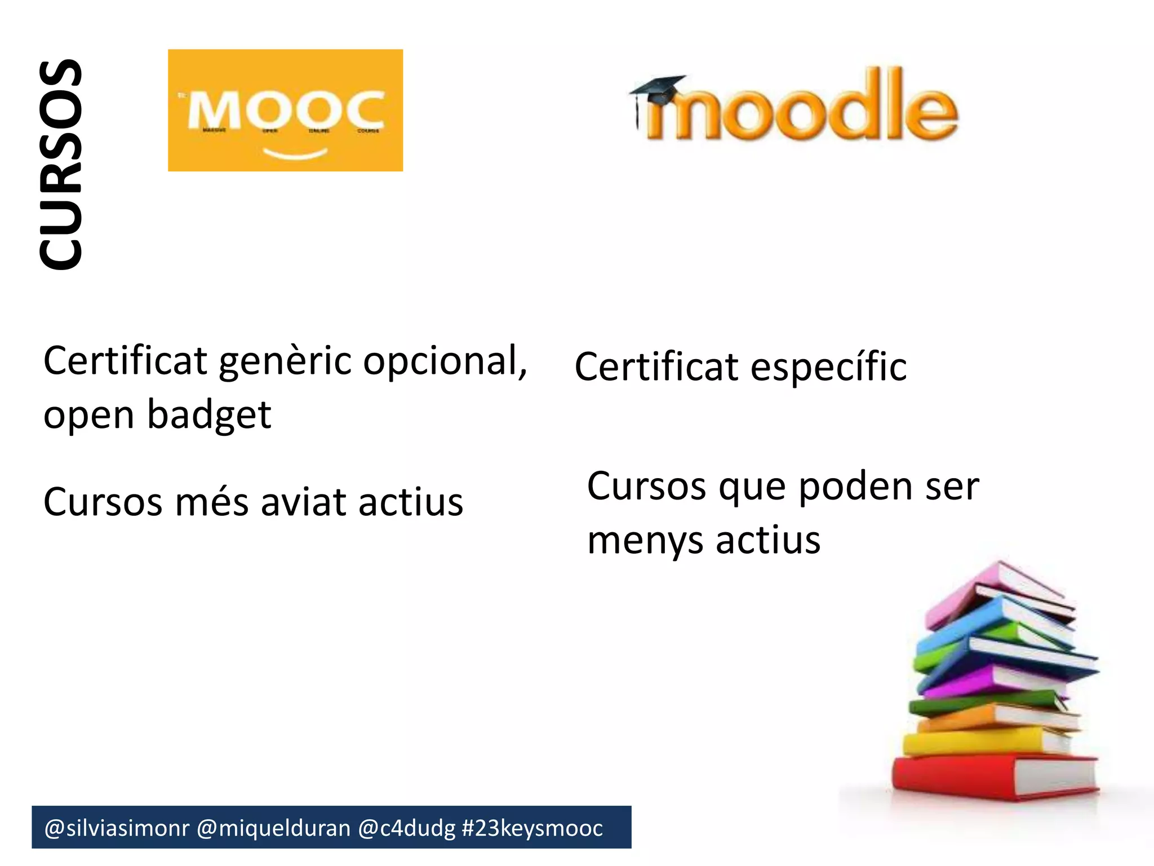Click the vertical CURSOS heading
[61, 165]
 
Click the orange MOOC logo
[285, 110]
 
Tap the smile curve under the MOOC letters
[295, 153]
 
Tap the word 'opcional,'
[445, 362]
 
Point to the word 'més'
[212, 502]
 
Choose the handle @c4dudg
[406, 828]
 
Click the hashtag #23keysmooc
[532, 828]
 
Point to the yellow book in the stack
[980, 741]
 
